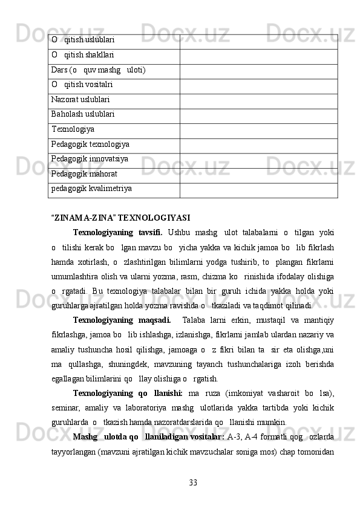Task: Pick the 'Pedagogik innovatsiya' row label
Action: tap(89, 158)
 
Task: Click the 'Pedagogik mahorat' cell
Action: tap(83, 173)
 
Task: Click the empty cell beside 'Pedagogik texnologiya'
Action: tap(258, 144)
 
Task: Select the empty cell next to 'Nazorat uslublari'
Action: tap(258, 99)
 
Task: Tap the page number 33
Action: tap(193, 482)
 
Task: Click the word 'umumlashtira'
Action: tap(77, 276)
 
